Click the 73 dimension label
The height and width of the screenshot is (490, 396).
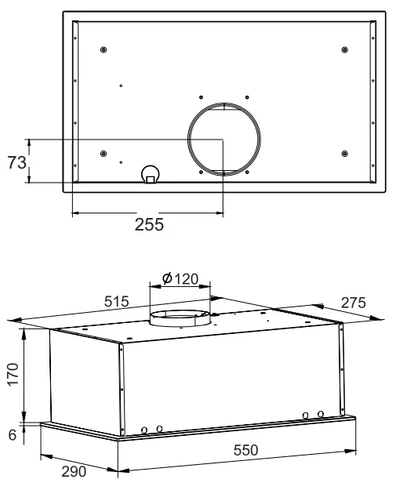point(17,162)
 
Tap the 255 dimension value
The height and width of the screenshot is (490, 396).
point(149,224)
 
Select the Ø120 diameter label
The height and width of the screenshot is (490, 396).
point(180,278)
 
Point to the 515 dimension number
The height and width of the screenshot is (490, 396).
point(116,302)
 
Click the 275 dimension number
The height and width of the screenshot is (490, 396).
point(353,303)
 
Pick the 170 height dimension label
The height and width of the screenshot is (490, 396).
point(13,375)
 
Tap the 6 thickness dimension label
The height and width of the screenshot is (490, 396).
point(13,434)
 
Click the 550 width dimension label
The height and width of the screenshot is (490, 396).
point(245,450)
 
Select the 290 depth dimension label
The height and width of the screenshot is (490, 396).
point(74,471)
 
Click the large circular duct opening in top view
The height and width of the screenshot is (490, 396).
point(188,139)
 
